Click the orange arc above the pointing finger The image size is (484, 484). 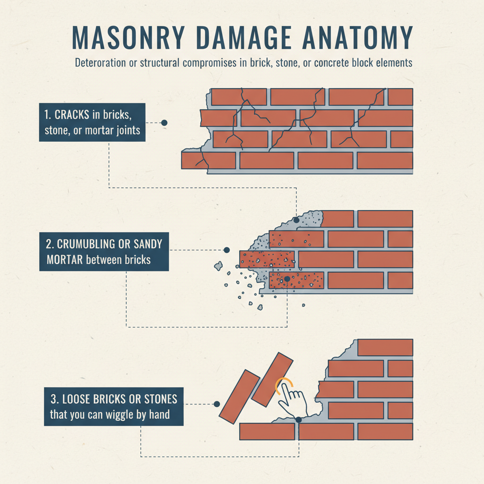(x=283, y=383)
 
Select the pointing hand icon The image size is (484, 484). (x=292, y=399)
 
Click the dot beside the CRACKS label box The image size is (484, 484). (x=164, y=122)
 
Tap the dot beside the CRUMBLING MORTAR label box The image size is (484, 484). (x=226, y=250)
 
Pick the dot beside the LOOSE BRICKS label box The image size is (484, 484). (x=216, y=404)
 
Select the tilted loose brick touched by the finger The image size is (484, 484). (x=273, y=379)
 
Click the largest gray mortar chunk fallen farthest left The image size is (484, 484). (x=218, y=266)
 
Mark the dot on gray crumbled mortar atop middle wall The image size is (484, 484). (x=296, y=220)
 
